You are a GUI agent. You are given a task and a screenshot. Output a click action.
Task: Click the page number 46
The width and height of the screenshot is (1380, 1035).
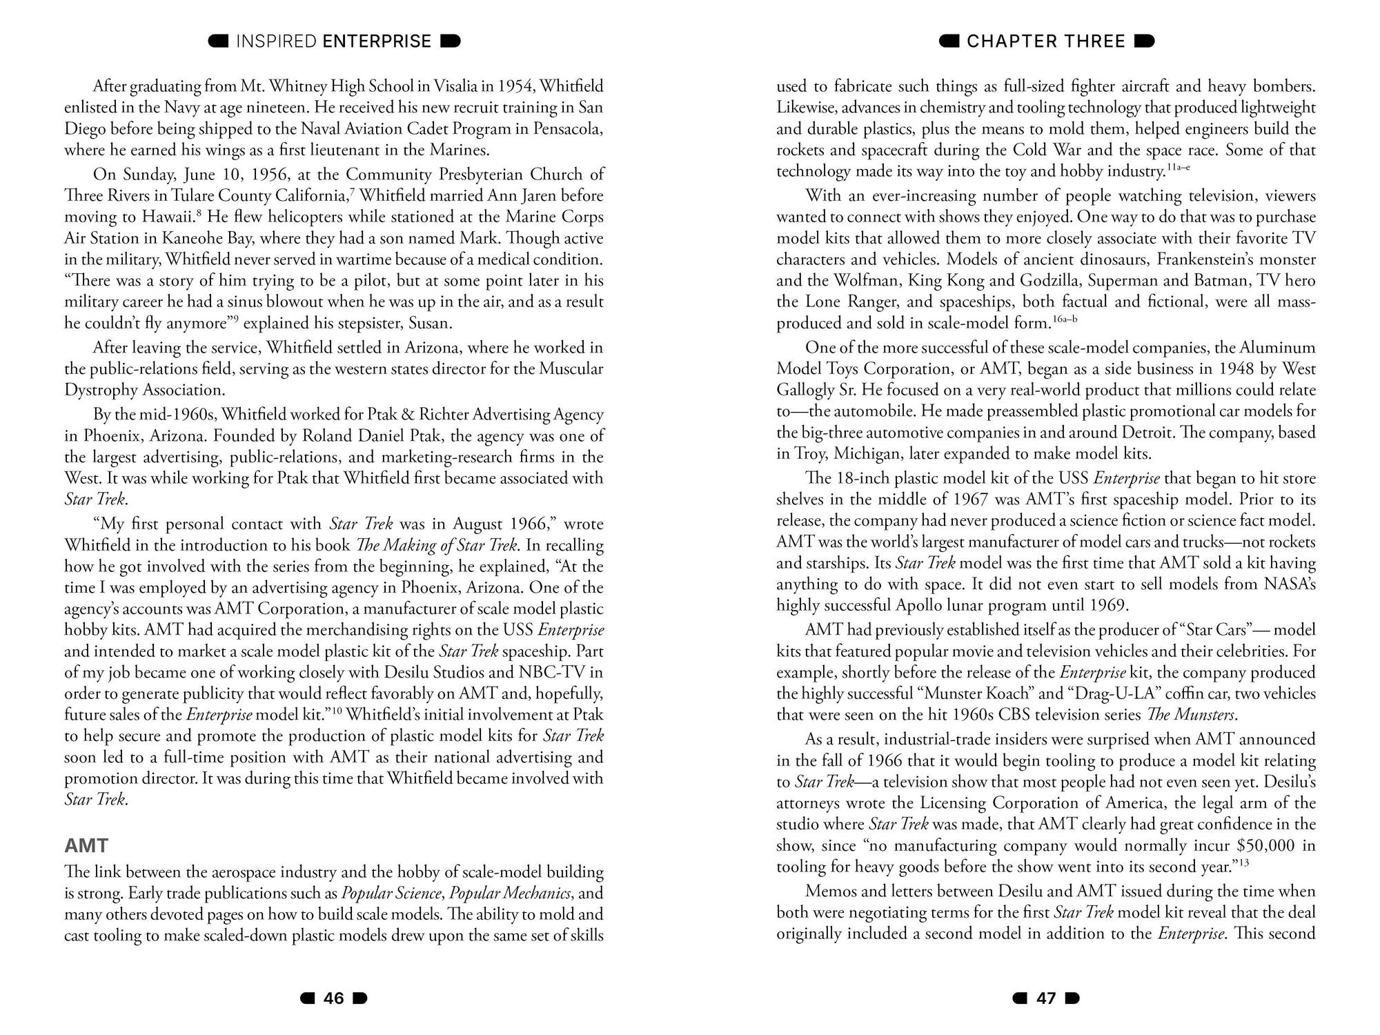(x=334, y=998)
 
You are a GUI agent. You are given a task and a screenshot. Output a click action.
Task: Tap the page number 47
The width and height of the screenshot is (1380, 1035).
(x=1046, y=998)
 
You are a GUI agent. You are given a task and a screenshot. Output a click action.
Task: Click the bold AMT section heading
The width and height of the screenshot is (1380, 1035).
(x=86, y=846)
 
